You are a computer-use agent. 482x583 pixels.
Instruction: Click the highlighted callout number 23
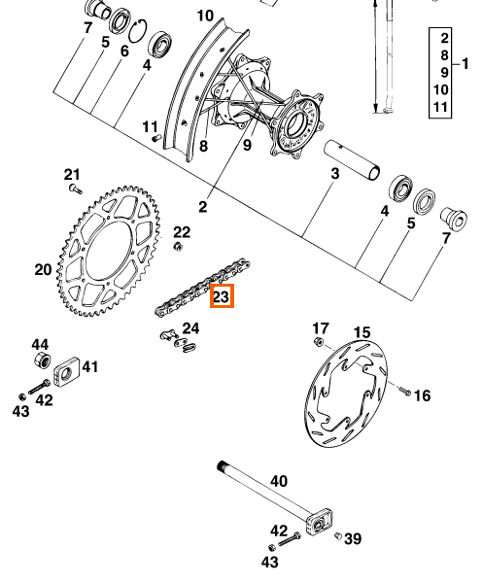222,296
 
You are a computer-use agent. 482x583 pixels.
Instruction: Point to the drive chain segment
202,287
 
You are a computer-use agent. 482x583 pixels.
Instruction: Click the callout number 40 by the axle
279,481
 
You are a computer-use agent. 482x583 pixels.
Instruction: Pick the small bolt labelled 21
76,189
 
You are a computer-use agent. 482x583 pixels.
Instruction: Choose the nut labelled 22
179,246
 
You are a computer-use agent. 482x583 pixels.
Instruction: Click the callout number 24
190,328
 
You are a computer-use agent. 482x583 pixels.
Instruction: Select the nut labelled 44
42,360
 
